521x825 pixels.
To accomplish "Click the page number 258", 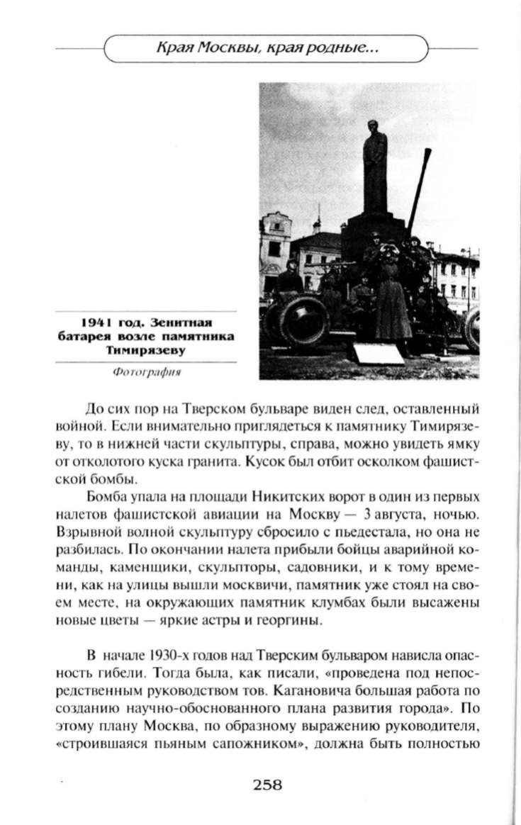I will pos(267,785).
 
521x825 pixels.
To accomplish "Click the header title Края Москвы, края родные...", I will pos(267,50).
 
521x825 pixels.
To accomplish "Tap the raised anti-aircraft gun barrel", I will pos(419,191).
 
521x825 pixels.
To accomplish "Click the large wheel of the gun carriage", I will pos(303,322).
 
